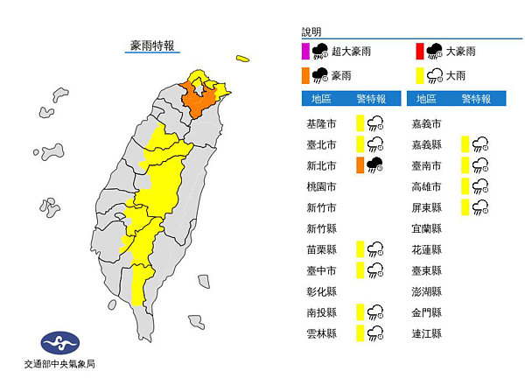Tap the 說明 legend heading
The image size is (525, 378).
coord(314,30)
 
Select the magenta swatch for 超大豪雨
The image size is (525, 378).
coord(304,51)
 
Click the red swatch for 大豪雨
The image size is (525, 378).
coord(419,51)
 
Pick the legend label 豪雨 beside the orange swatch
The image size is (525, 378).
coord(343,75)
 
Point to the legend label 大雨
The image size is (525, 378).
coord(457,75)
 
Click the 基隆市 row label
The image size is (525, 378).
coord(321,123)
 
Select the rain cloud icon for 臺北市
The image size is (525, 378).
coord(376,144)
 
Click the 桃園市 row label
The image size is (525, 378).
coord(321,186)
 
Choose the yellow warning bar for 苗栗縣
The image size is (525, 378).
coord(360,249)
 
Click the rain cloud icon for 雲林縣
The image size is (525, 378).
coord(376,332)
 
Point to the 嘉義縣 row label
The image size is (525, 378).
coord(426,144)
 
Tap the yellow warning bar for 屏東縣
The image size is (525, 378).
coord(466,207)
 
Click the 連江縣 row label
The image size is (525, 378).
coord(426,333)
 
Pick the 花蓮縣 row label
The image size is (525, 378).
coord(426,249)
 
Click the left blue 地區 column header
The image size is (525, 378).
coord(318,99)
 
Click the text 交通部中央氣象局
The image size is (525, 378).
coord(60,364)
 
